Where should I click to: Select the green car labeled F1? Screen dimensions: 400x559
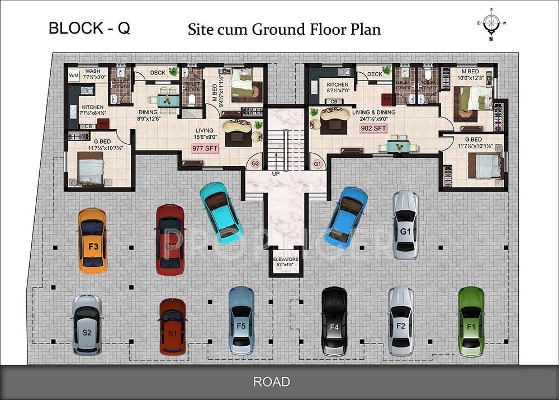tap(471, 321)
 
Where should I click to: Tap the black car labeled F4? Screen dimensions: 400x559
tap(335, 321)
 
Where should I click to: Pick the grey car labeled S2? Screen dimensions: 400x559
tap(87, 325)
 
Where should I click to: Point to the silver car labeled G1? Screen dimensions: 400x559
tap(405, 225)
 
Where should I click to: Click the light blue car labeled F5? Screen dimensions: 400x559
tap(241, 319)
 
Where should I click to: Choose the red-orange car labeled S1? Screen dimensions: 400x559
tap(172, 327)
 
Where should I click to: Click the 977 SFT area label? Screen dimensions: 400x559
tap(205, 149)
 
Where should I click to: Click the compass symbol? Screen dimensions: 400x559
tap(491, 23)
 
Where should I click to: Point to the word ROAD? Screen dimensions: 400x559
tap(272, 382)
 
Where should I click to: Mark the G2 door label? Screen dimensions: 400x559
tap(255, 164)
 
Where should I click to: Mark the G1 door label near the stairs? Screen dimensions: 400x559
tap(318, 164)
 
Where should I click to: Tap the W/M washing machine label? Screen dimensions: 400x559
tap(74, 75)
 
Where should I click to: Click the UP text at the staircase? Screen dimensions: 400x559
tap(276, 174)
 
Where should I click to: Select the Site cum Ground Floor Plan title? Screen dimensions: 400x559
tap(284, 29)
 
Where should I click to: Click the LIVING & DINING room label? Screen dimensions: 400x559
tap(373, 112)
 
